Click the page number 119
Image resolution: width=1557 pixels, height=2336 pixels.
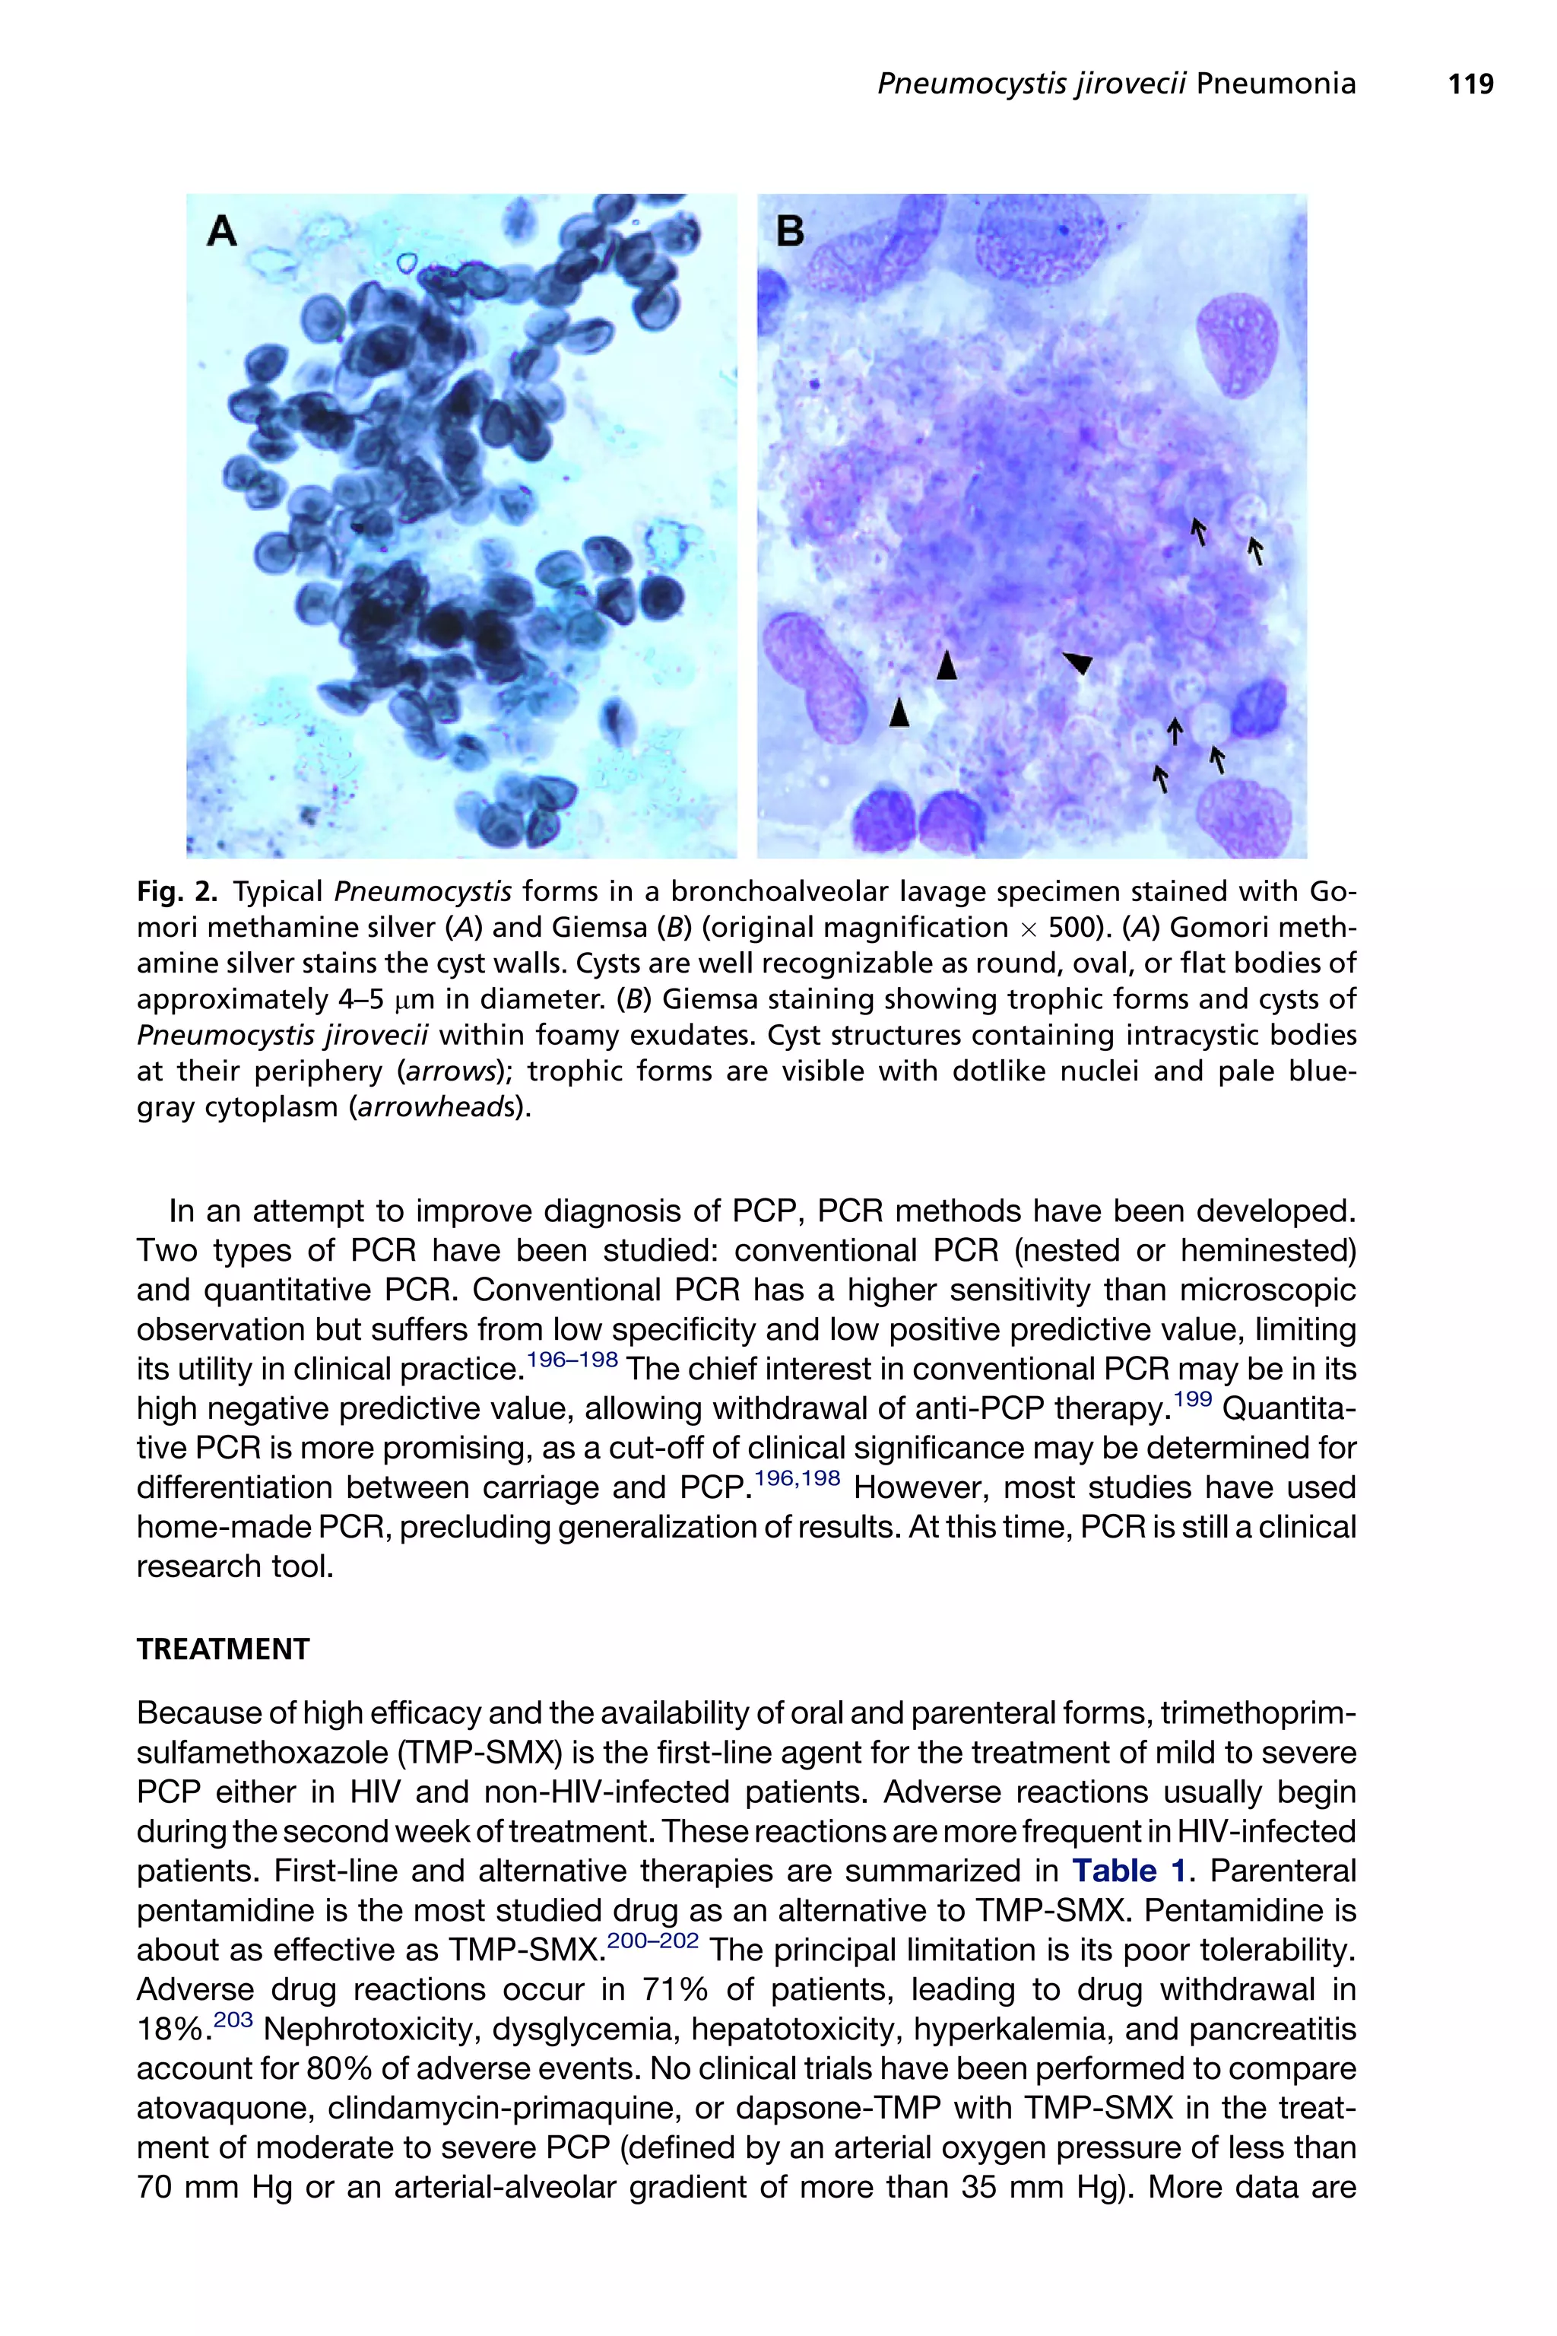(x=1470, y=84)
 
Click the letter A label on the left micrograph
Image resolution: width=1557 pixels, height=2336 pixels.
(x=221, y=231)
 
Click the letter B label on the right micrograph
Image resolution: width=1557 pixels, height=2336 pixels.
(x=791, y=231)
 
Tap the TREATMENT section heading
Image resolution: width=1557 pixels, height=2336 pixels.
(x=223, y=1649)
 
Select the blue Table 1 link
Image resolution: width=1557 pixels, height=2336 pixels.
(x=1129, y=1871)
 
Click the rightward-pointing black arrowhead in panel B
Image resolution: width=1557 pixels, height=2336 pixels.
(x=1077, y=662)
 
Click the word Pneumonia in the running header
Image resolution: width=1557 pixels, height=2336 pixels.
(x=1275, y=84)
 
